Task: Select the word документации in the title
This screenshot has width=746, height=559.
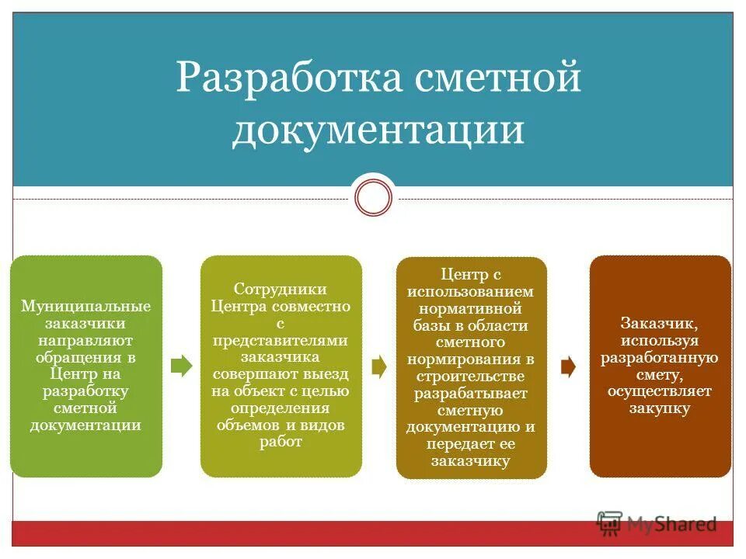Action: [x=378, y=130]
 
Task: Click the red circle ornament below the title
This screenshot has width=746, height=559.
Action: [x=373, y=197]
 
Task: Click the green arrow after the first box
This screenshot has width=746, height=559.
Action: [x=181, y=366]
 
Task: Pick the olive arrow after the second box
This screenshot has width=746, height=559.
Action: [x=379, y=366]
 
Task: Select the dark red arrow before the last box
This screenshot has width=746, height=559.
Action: [x=568, y=366]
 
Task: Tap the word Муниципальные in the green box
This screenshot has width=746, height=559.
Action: [x=85, y=306]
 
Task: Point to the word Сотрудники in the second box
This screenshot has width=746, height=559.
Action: [x=281, y=290]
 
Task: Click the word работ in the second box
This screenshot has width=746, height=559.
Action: [x=281, y=442]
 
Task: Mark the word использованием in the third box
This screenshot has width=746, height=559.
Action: [x=471, y=291]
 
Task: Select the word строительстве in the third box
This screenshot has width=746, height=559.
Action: [x=471, y=376]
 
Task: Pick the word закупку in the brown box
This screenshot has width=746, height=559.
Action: [x=660, y=408]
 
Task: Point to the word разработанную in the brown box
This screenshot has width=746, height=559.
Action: [x=660, y=358]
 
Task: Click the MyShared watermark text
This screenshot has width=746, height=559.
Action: [x=672, y=524]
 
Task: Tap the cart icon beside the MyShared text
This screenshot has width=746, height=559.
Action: [x=610, y=524]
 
